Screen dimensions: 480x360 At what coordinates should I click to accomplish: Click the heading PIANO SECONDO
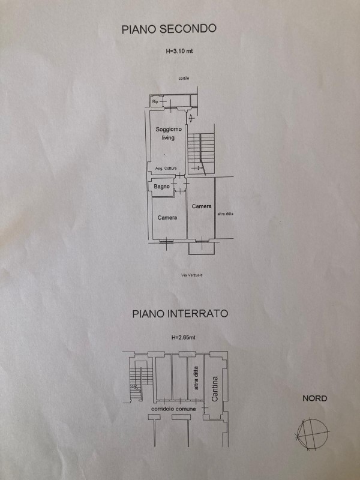point(169,28)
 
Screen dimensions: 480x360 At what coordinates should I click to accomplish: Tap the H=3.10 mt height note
point(179,52)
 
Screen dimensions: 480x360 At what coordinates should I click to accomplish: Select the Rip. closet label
point(155,102)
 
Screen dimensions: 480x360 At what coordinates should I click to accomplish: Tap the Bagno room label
point(161,188)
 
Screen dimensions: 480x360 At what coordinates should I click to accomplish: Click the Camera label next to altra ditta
point(202,206)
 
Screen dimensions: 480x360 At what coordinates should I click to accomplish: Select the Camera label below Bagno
point(167,217)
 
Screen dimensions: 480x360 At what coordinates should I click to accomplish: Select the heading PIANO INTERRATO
point(180,313)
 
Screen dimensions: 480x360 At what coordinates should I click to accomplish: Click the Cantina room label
point(215,388)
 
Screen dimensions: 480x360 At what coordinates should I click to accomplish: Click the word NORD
point(315,398)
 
